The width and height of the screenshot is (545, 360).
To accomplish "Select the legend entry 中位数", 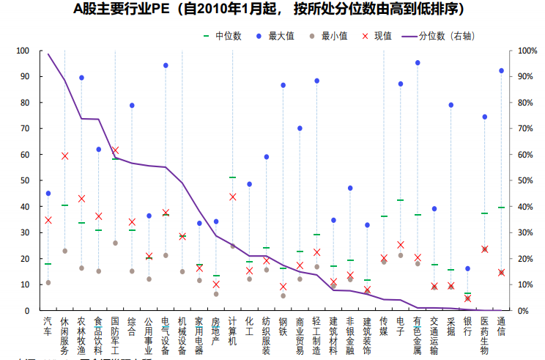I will [x=226, y=35].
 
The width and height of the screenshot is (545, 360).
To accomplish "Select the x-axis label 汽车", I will [x=48, y=326].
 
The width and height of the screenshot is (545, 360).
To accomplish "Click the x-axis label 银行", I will [x=467, y=326].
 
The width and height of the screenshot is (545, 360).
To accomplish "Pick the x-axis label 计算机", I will [x=233, y=331].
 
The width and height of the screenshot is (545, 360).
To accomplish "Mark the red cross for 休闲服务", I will [x=65, y=155].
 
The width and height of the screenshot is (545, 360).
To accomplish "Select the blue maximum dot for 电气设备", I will [x=166, y=65].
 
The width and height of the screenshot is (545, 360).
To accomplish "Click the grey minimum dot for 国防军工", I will [x=115, y=243].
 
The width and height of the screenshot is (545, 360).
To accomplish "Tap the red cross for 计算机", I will [x=233, y=196].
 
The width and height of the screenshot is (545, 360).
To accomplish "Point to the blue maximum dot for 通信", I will [x=502, y=70].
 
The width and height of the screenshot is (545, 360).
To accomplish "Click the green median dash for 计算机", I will [x=233, y=177].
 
